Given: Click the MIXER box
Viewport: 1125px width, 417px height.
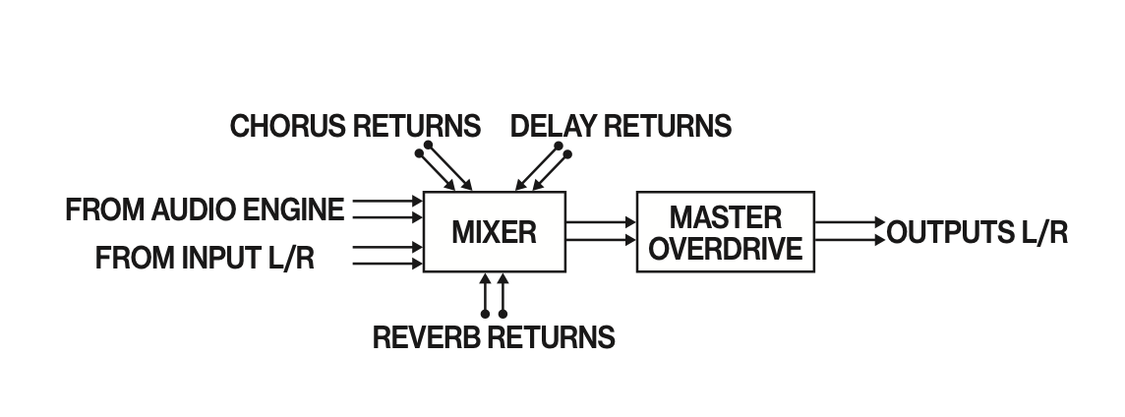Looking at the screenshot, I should pos(494,232).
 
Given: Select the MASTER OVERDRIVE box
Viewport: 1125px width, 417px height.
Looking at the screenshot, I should pos(725,232).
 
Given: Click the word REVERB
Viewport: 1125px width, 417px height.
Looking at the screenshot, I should pos(428,337).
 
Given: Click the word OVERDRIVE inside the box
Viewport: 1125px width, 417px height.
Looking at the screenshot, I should pos(726,248).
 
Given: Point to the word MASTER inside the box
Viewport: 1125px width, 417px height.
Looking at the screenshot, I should pos(726,216).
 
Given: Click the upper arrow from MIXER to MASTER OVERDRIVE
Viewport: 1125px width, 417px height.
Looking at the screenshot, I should pos(601,223).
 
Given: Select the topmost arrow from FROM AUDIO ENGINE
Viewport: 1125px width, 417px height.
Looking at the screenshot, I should pos(386,200).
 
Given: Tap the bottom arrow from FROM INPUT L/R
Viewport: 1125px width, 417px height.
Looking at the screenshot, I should pos(386,264).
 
